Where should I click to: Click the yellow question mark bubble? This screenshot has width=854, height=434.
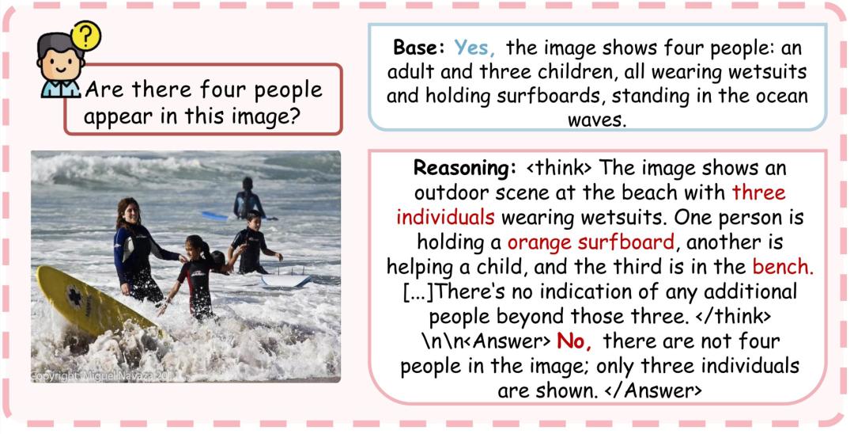pyautogui.click(x=85, y=36)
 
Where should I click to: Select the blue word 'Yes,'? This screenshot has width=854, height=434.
pyautogui.click(x=474, y=48)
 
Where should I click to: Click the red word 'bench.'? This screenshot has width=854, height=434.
pyautogui.click(x=783, y=267)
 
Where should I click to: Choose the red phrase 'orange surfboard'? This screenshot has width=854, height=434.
pyautogui.click(x=591, y=242)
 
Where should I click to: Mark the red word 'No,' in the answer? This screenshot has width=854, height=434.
pyautogui.click(x=573, y=341)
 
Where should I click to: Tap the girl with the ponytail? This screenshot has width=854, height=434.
pyautogui.click(x=197, y=276)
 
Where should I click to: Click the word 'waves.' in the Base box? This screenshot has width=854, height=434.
pyautogui.click(x=597, y=120)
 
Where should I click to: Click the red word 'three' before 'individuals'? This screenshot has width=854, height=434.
pyautogui.click(x=758, y=192)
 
